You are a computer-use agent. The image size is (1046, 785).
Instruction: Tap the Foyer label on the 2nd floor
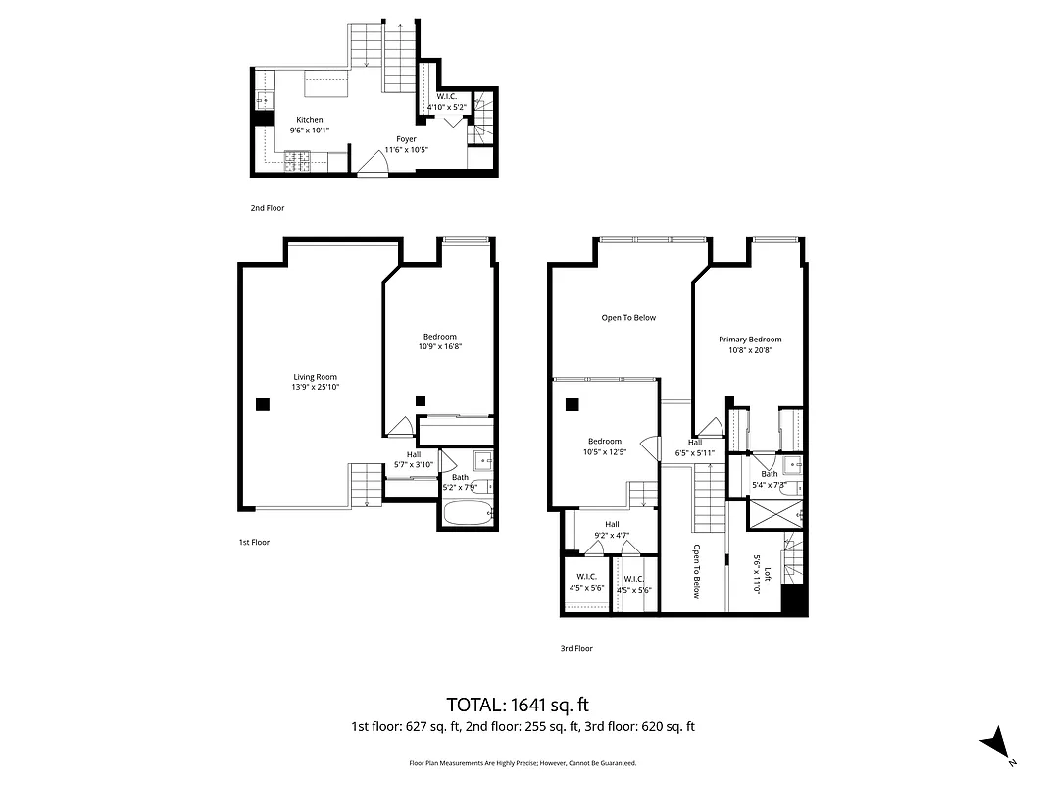pyautogui.click(x=406, y=139)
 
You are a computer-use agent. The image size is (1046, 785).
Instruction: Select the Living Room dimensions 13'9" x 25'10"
pyautogui.click(x=314, y=387)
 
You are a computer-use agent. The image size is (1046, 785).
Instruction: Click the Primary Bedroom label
pyautogui.click(x=750, y=340)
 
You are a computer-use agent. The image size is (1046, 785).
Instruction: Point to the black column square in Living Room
pyautogui.click(x=262, y=403)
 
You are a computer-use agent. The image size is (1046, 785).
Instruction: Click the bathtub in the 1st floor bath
pyautogui.click(x=467, y=513)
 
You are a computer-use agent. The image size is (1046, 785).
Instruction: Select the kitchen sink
pyautogui.click(x=263, y=99)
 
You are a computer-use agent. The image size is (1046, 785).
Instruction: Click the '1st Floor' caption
pyautogui.click(x=253, y=542)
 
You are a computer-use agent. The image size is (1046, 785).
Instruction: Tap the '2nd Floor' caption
pyautogui.click(x=267, y=208)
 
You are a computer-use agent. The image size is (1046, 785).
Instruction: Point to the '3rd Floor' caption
pyautogui.click(x=576, y=648)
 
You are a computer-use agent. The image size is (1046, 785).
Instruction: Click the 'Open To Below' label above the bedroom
pyautogui.click(x=628, y=317)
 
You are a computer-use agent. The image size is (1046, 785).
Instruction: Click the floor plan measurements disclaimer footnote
pyautogui.click(x=523, y=762)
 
